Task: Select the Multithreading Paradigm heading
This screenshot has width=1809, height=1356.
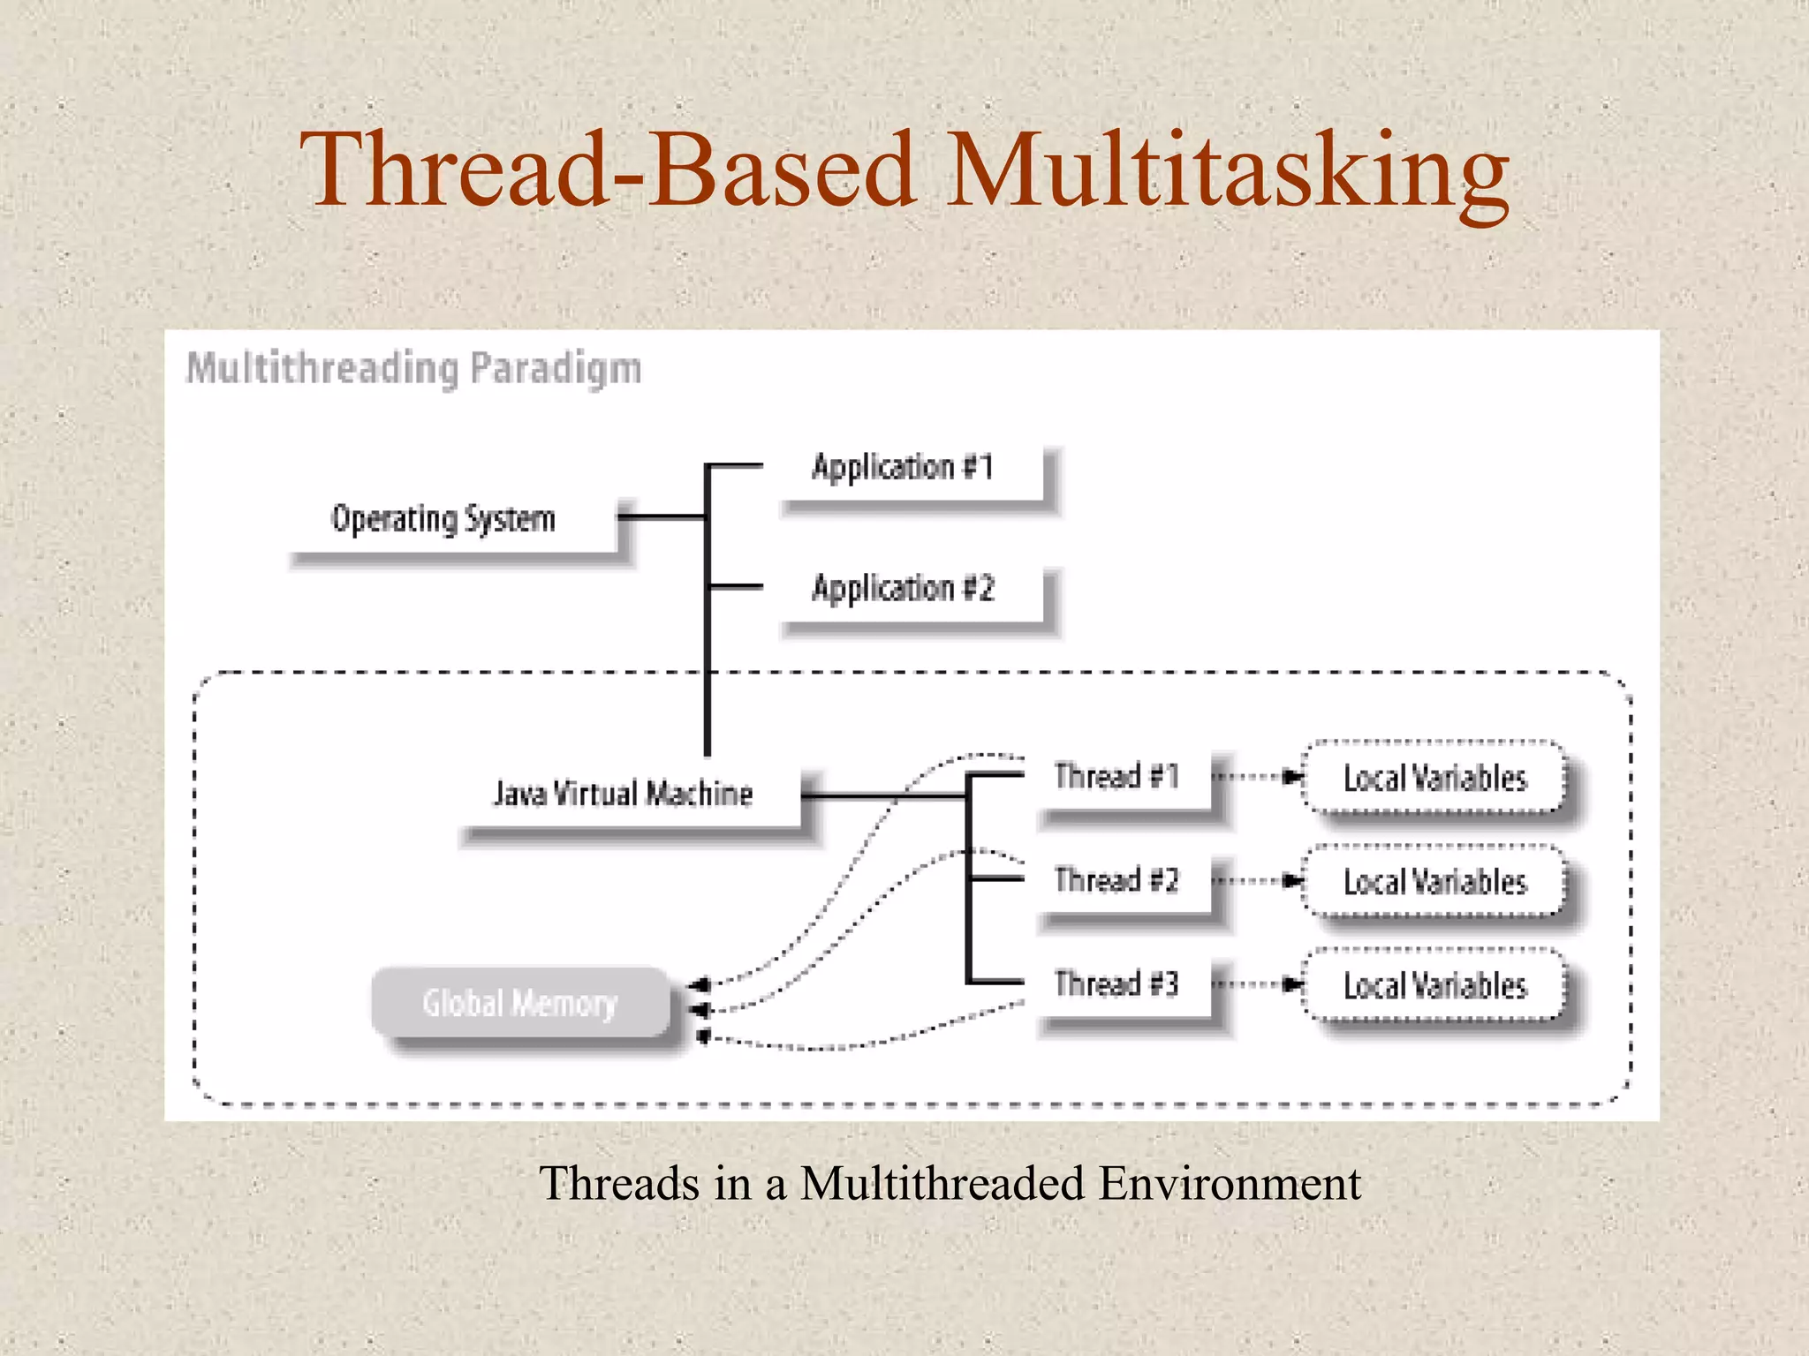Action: (x=413, y=369)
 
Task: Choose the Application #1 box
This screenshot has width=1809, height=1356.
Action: (x=910, y=472)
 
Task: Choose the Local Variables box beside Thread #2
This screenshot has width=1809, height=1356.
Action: (x=1434, y=882)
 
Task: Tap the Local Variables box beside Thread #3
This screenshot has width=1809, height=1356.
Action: (x=1434, y=985)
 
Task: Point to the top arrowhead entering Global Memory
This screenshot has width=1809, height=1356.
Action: (x=700, y=983)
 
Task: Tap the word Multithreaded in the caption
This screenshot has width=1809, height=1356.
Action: (x=942, y=1183)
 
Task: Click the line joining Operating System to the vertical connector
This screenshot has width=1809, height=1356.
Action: (x=662, y=516)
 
